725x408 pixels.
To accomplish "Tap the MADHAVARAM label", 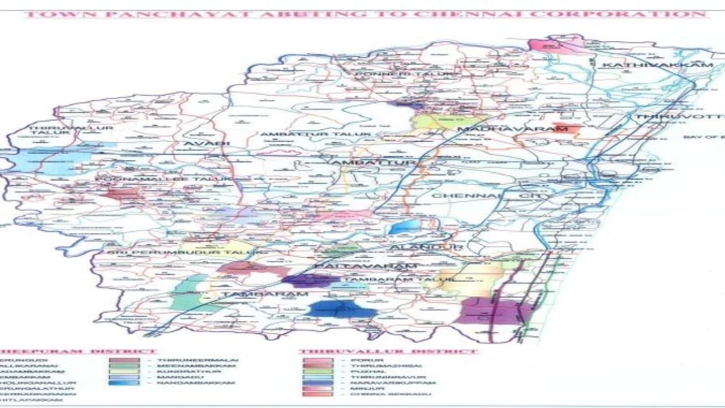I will [x=512, y=129].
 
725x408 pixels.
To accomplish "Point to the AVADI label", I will [x=206, y=144].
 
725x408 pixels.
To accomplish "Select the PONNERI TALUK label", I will [x=405, y=74].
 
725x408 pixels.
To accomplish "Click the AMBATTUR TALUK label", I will [x=315, y=134].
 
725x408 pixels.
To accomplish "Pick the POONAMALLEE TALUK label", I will [x=164, y=179].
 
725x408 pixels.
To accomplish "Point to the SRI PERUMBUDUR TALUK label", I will [x=178, y=250].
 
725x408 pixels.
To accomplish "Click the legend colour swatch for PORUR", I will [x=317, y=360].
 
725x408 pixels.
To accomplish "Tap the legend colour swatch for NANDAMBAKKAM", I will [x=125, y=383].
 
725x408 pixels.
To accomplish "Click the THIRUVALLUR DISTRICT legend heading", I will [x=389, y=351].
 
